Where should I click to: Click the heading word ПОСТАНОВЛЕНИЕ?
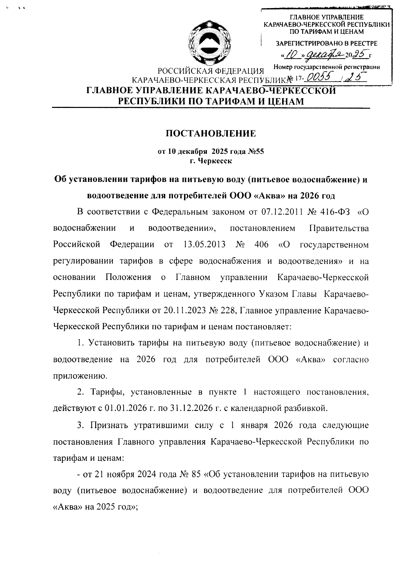click(x=211, y=134)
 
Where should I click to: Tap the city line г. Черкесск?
click(x=211, y=161)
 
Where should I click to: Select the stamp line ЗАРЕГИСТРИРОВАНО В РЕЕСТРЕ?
click(x=326, y=43)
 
